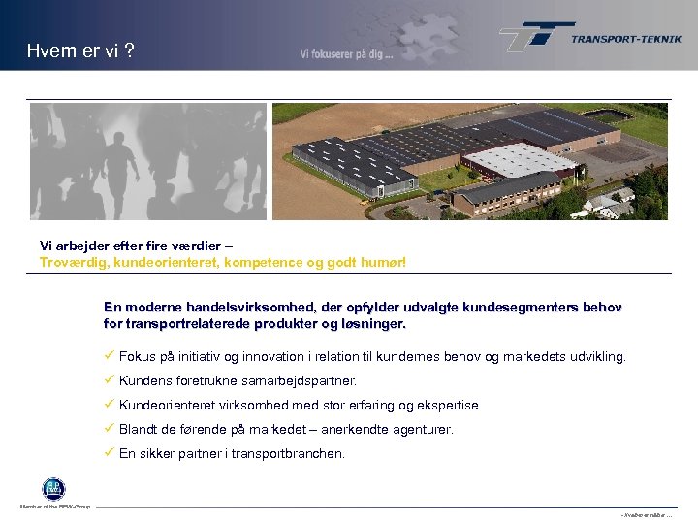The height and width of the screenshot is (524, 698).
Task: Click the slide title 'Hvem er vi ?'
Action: pyautogui.click(x=81, y=51)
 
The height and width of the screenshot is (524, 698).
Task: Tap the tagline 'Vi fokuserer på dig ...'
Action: pyautogui.click(x=346, y=55)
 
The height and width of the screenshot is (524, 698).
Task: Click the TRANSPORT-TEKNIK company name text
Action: pyautogui.click(x=625, y=39)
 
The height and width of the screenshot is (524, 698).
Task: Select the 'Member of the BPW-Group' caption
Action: pyautogui.click(x=54, y=507)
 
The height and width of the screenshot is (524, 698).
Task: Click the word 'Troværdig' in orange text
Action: pyautogui.click(x=70, y=262)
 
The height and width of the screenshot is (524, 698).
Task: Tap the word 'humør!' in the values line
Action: pyautogui.click(x=383, y=262)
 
